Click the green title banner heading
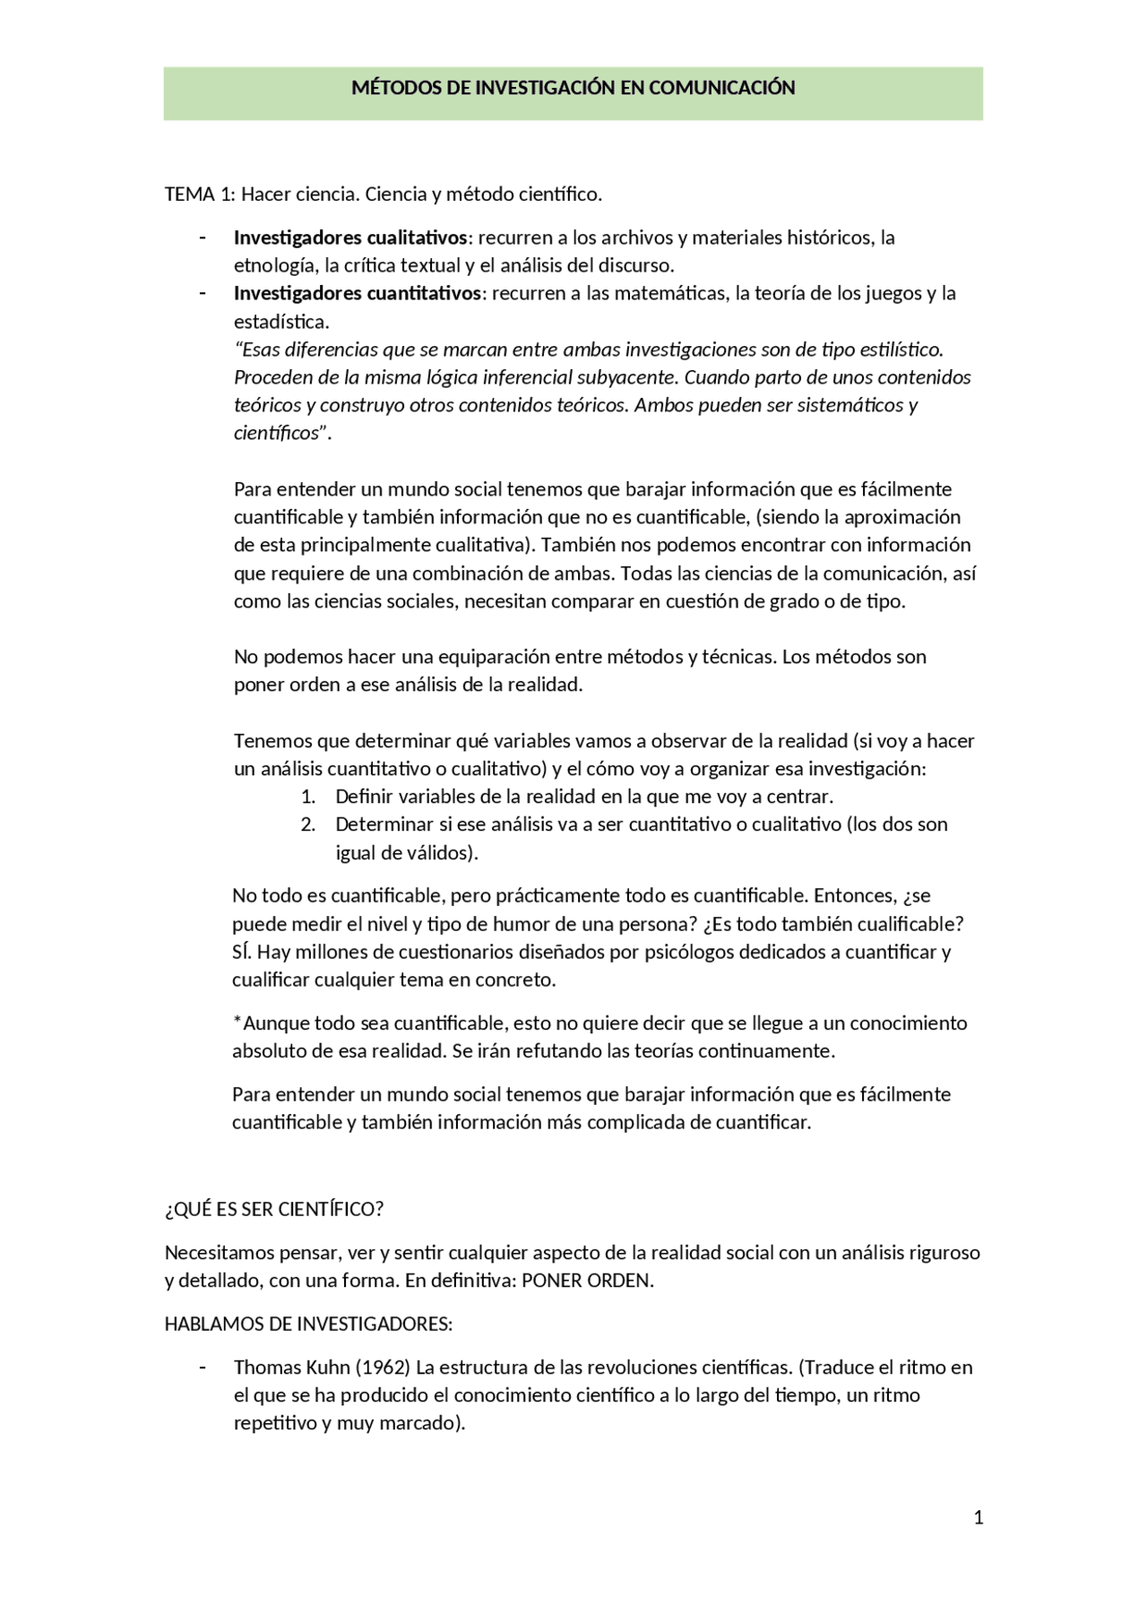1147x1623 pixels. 573,88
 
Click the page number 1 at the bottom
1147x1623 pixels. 979,1517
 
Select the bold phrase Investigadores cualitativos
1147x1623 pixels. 350,237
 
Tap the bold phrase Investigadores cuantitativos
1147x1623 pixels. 358,293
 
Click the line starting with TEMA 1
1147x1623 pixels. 383,194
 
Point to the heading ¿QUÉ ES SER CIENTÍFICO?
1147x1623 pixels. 274,1209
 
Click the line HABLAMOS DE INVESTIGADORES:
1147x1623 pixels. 308,1324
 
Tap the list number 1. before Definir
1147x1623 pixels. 308,797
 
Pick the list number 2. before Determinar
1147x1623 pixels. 308,824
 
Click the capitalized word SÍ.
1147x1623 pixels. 241,952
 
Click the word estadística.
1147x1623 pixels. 280,322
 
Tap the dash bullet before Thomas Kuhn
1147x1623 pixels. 203,1367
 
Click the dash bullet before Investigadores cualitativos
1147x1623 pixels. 203,237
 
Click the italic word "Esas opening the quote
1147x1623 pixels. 260,350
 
